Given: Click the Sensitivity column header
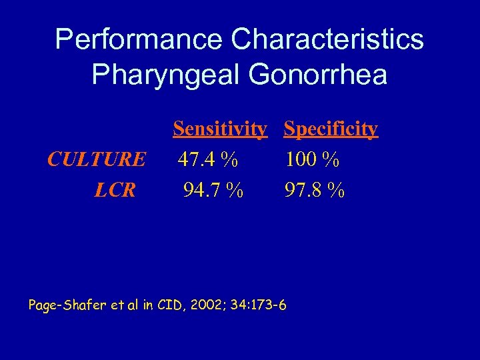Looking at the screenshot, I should click(220, 128).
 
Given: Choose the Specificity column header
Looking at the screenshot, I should click(331, 128).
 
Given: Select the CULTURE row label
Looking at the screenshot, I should click(97, 159).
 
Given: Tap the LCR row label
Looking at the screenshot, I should click(115, 191).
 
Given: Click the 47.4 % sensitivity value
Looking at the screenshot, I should click(208, 159).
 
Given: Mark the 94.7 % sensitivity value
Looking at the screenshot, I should click(213, 191).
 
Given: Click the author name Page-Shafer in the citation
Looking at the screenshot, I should click(64, 306).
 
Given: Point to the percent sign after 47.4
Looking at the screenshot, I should click(230, 159).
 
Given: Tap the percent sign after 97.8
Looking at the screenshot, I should click(336, 191).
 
